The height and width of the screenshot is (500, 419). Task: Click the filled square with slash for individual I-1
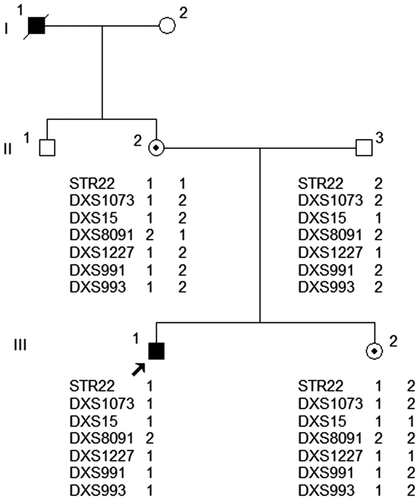point(37,26)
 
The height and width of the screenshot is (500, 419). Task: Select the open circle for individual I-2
point(167,26)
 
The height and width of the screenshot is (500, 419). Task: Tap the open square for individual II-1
point(47,148)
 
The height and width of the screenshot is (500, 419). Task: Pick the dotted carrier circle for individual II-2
point(156,148)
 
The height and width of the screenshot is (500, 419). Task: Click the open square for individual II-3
point(364,148)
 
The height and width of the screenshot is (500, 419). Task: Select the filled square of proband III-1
point(156,351)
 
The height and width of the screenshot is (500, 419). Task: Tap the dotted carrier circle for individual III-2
point(374,351)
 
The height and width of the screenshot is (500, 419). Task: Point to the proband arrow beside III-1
point(138,370)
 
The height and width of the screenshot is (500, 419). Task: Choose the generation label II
point(8,149)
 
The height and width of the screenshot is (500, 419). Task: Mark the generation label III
point(20,345)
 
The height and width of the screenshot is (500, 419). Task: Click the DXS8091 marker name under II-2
point(101,235)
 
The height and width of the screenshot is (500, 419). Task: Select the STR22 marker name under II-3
point(320,184)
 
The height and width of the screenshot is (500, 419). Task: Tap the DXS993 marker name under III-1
point(97,490)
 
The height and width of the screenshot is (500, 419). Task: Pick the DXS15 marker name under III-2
point(322,421)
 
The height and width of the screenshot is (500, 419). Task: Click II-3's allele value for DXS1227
point(378,252)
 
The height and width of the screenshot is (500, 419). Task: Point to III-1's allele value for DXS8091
point(149,438)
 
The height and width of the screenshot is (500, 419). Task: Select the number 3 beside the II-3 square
point(379,138)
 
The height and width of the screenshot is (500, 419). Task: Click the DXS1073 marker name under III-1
point(101,404)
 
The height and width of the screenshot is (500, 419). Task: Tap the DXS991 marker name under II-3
point(326,270)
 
